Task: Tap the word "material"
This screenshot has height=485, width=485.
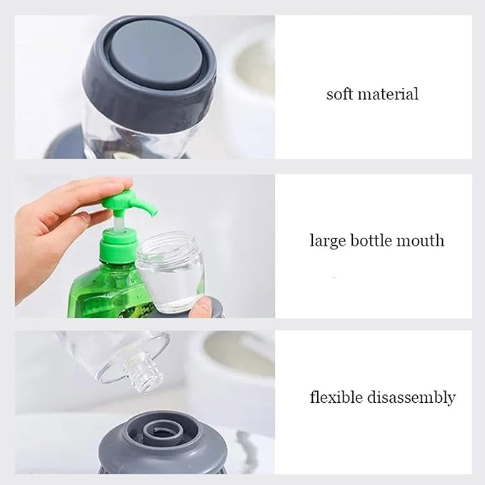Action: (388, 94)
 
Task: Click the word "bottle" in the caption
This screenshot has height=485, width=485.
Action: (370, 240)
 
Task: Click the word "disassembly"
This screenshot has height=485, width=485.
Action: (411, 398)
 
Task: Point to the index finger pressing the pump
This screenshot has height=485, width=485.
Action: (93, 189)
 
